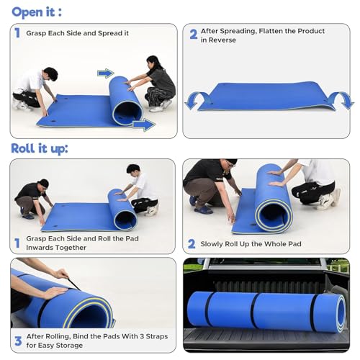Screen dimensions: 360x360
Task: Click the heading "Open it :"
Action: coord(37,12)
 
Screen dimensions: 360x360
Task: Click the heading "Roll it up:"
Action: coord(40,148)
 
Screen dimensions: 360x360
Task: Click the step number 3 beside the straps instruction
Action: coord(18,341)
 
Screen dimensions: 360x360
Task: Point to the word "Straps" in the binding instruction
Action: coord(156,336)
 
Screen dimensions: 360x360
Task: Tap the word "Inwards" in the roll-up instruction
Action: coord(38,248)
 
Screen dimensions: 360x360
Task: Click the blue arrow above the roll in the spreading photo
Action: coord(106,73)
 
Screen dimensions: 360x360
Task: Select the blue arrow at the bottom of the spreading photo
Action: coord(144,125)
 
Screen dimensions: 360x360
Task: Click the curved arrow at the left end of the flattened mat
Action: coord(197,99)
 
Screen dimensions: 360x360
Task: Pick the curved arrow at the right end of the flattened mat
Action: coord(341,100)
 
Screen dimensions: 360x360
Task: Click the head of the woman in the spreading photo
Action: coord(153,63)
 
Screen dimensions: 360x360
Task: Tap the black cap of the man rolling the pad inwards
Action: coord(45,183)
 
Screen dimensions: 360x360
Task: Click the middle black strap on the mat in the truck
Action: coord(254,310)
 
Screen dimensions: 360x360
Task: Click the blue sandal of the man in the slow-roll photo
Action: coord(203,210)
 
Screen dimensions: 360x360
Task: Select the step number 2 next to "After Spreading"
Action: coord(194,35)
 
